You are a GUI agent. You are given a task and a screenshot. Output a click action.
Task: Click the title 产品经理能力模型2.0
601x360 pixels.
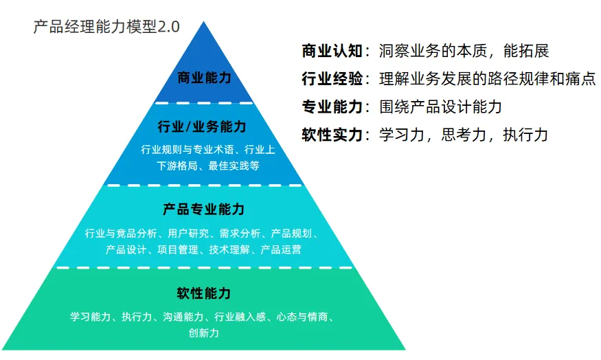(x=106, y=27)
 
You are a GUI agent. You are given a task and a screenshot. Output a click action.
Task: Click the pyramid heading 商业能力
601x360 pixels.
(x=204, y=78)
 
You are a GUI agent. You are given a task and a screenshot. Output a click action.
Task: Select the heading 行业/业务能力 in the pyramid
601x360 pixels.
(x=202, y=127)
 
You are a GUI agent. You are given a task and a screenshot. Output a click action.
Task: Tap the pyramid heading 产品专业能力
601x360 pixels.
(x=203, y=209)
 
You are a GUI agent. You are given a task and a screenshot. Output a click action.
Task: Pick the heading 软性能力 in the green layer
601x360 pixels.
(x=203, y=293)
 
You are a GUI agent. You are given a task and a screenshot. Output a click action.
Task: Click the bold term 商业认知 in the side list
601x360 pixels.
(x=332, y=51)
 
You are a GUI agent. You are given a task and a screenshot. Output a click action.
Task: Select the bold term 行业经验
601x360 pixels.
(x=332, y=79)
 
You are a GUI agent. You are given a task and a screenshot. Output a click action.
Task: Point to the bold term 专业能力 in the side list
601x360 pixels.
(x=332, y=107)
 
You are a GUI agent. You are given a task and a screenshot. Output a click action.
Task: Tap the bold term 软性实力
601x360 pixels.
(x=332, y=135)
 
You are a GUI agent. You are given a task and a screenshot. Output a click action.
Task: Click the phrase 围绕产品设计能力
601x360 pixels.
(x=440, y=107)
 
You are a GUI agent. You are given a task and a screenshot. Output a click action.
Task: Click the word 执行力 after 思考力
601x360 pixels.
(x=525, y=135)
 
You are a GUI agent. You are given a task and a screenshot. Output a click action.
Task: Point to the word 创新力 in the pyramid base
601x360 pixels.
(x=203, y=333)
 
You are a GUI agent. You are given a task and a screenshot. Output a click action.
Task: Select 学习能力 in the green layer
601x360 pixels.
(x=90, y=317)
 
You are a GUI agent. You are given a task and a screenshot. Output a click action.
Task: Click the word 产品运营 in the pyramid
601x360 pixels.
(x=281, y=249)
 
